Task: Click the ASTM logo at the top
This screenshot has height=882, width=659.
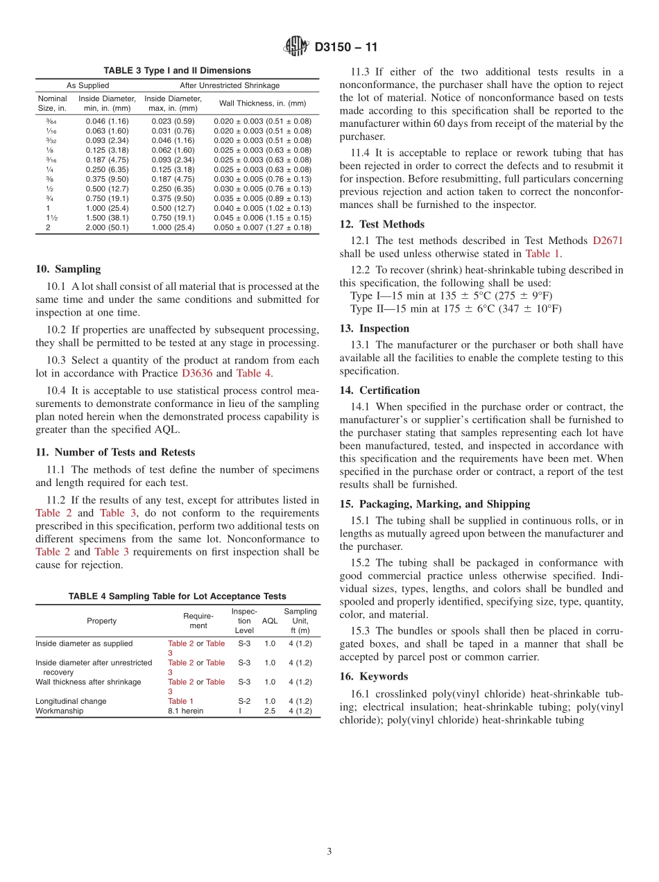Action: (296, 47)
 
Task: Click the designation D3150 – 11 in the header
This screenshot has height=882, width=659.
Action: (345, 48)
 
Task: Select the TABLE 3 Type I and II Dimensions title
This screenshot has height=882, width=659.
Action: (177, 71)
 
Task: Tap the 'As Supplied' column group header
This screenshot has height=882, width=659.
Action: (87, 85)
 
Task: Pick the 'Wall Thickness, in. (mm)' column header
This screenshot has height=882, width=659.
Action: (262, 103)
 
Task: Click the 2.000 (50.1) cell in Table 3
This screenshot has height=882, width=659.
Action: (107, 227)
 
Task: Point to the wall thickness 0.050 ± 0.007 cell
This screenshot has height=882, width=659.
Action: (262, 227)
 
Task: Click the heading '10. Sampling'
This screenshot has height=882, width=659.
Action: (68, 269)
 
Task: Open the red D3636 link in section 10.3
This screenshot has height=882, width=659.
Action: (197, 373)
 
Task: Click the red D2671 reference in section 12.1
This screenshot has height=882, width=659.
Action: (608, 241)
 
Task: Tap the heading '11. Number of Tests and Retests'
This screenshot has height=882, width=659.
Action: (115, 452)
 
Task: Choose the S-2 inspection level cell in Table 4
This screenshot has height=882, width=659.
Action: (244, 701)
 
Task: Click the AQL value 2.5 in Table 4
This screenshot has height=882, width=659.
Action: (270, 711)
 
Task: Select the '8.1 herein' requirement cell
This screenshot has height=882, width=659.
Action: (186, 711)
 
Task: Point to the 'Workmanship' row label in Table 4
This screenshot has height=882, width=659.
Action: (60, 711)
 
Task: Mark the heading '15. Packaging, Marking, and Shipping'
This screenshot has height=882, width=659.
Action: (435, 504)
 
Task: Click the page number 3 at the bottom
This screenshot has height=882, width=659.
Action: (329, 851)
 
